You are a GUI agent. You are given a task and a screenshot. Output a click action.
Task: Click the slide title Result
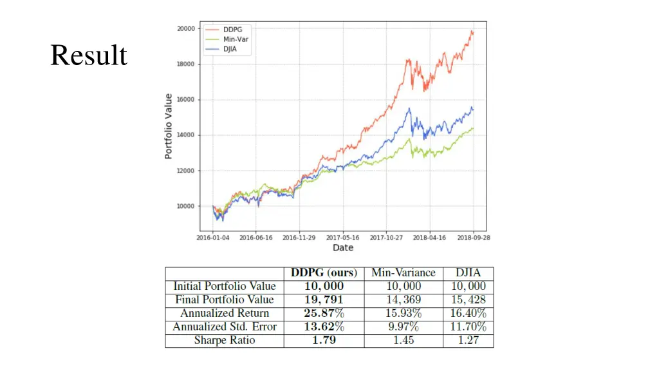[89, 55]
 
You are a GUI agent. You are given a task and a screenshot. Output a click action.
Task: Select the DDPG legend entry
[231, 30]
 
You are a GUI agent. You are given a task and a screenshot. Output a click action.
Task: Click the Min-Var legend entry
[234, 39]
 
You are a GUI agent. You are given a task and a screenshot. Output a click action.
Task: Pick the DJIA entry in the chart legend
[230, 49]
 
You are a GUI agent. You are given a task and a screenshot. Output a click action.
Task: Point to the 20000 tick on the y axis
[186, 28]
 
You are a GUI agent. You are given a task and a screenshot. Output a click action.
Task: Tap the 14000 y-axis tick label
[186, 135]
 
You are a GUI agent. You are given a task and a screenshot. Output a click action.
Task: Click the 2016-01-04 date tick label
[212, 238]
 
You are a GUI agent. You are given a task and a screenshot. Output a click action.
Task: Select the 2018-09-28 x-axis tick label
[474, 238]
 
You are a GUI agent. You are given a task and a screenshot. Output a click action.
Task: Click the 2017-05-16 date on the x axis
[343, 238]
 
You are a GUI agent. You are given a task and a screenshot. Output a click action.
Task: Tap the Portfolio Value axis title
[169, 126]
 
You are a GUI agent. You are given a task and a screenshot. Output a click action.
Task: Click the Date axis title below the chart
[343, 248]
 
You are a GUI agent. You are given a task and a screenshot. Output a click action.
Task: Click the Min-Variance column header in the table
[404, 273]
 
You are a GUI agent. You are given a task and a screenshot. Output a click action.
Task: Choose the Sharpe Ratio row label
[225, 340]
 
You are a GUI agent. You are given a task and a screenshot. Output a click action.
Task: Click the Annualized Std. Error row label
[225, 327]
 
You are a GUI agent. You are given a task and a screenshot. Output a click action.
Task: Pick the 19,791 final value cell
[324, 300]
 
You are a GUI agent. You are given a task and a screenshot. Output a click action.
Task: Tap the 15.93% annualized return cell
[404, 313]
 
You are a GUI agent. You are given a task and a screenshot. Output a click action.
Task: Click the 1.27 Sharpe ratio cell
[468, 340]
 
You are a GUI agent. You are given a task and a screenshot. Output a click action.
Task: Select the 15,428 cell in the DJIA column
[468, 300]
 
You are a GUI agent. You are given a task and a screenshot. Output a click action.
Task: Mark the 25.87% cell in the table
[324, 313]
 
